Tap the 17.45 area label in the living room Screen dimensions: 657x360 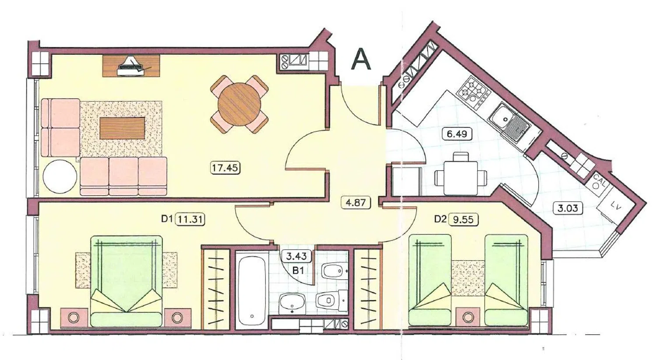225,168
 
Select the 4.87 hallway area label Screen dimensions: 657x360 356,203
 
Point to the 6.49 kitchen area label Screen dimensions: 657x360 457,134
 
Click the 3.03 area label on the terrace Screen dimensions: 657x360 568,208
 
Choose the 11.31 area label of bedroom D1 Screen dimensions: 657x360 190,219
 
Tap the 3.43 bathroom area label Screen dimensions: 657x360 296,257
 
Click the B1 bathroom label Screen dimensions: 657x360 298,271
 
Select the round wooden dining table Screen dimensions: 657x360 240,104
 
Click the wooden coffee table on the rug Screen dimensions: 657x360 122,128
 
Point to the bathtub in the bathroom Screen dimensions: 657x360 252,289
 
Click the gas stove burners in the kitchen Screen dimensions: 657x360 473,92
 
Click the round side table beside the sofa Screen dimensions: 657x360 60,176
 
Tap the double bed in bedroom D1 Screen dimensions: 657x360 127,281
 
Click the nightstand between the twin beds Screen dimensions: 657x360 468,317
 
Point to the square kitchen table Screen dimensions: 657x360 460,178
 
